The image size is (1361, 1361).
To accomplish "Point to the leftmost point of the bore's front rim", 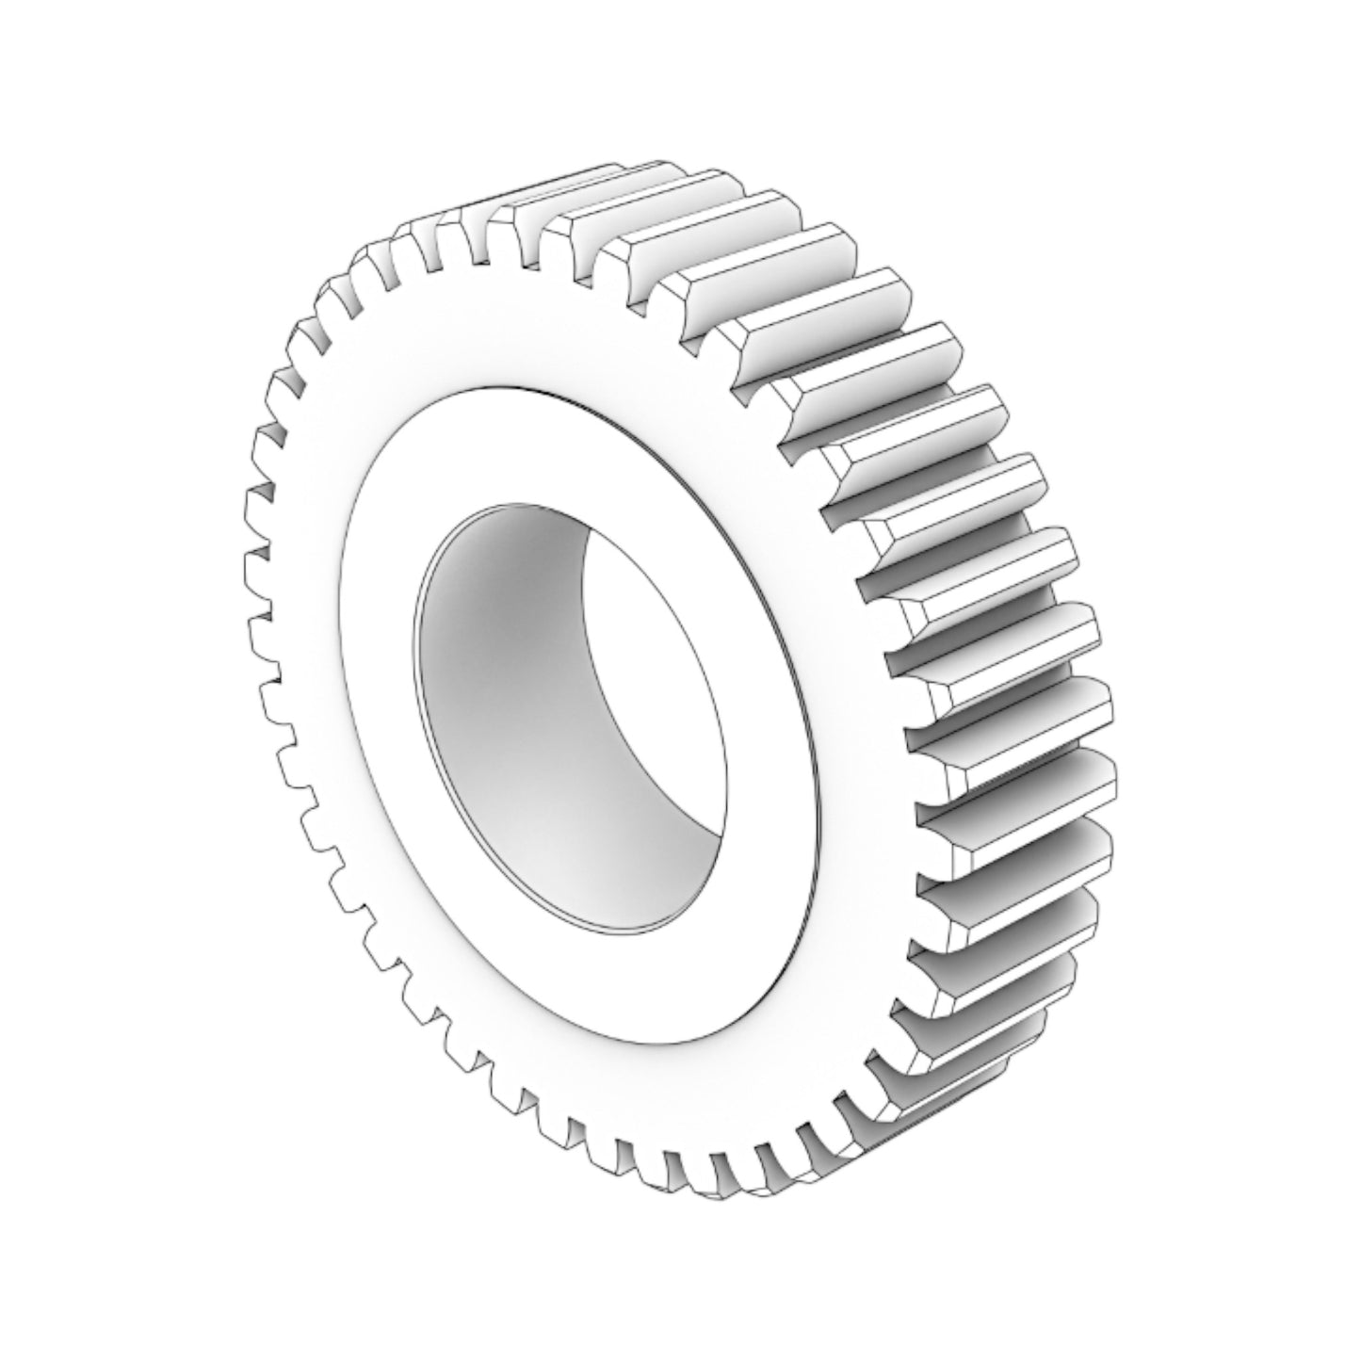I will (x=414, y=640).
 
